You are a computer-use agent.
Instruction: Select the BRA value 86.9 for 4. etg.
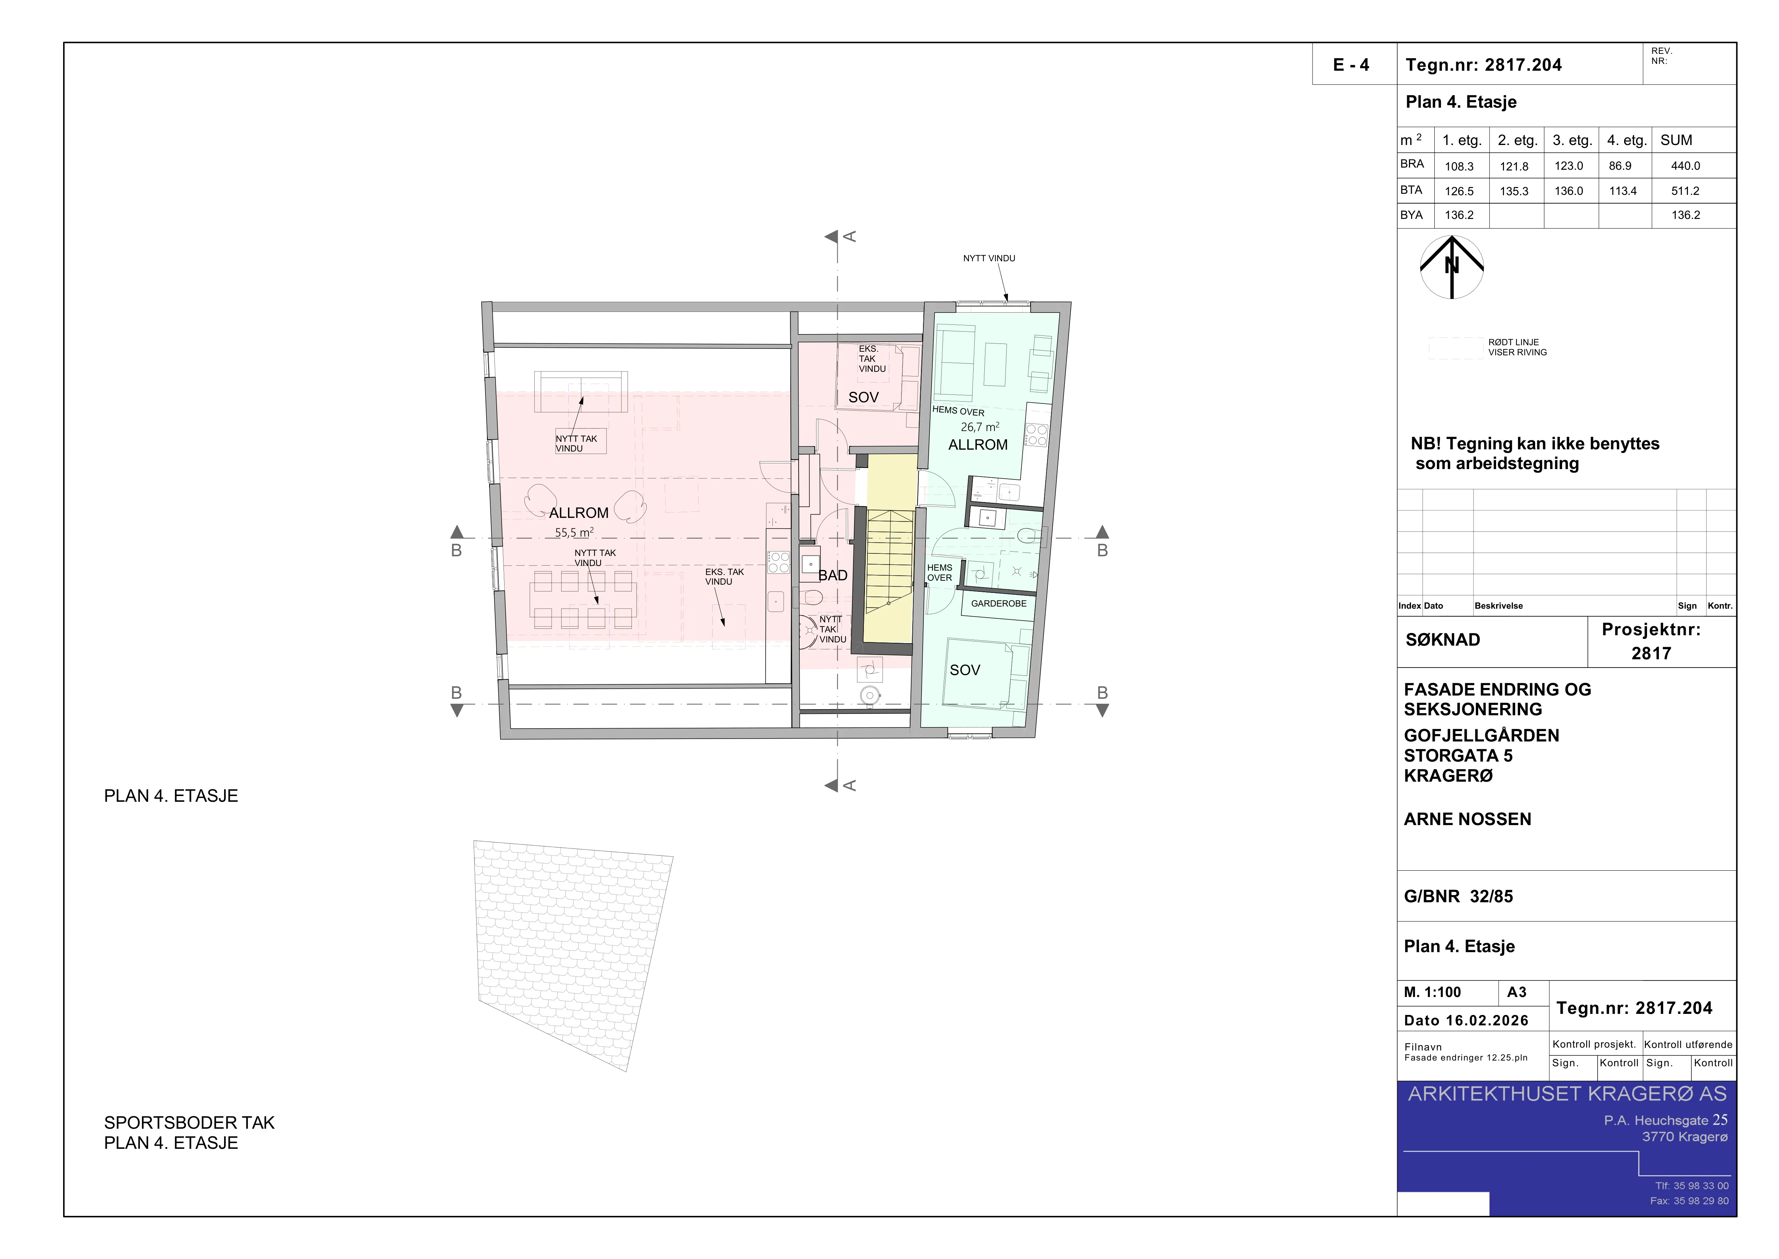(x=1620, y=166)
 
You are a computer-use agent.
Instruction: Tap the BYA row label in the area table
(x=1412, y=215)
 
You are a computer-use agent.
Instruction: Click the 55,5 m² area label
(x=574, y=533)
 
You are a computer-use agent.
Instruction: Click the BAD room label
(x=833, y=575)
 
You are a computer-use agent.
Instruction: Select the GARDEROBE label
(x=999, y=603)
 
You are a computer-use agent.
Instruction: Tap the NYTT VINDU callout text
(x=989, y=258)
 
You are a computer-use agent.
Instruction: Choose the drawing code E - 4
(x=1351, y=65)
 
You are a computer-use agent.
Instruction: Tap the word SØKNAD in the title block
(x=1443, y=640)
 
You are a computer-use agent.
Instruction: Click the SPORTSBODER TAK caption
(x=189, y=1123)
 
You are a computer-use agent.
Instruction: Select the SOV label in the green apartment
(x=965, y=670)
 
